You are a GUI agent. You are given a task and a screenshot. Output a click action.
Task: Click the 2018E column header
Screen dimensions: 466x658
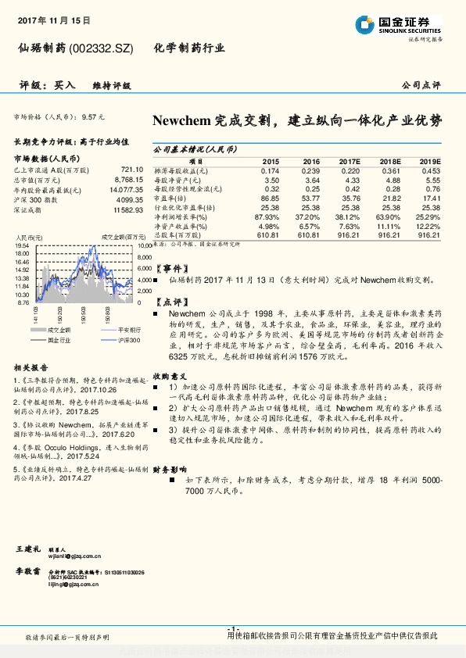pos(390,161)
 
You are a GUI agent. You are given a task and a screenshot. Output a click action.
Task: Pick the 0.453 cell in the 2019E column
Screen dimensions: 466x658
pos(430,170)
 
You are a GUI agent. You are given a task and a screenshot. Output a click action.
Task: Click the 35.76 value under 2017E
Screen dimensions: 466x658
pos(349,198)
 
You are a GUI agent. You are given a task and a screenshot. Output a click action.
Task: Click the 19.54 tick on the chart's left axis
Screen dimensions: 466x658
pos(22,246)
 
